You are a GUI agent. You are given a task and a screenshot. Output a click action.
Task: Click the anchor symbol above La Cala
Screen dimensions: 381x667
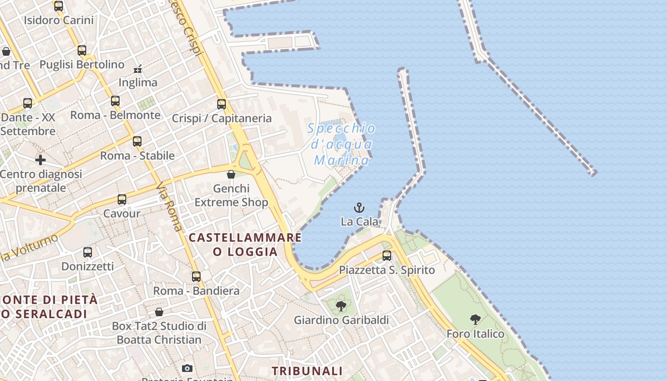tap(359, 208)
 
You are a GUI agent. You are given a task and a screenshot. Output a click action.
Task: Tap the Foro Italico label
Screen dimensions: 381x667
tap(475, 334)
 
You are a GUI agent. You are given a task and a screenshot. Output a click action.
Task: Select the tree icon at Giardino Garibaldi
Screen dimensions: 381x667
tap(341, 306)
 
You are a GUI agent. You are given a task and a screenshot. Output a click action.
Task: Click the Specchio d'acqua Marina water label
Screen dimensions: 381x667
tap(341, 144)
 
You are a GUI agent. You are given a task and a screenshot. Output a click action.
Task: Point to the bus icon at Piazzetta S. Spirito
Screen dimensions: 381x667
tap(387, 256)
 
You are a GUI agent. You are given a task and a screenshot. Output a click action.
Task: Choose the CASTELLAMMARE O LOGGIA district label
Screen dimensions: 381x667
tap(245, 244)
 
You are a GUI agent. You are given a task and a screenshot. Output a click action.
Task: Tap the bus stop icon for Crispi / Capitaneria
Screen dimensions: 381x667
tap(222, 104)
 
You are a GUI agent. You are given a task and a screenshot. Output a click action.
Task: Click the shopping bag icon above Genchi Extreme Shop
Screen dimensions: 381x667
tap(231, 174)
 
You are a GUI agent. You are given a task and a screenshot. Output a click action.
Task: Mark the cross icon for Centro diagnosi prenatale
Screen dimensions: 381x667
tap(40, 160)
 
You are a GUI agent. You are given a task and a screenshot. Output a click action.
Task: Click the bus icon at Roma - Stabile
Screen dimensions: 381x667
tap(137, 141)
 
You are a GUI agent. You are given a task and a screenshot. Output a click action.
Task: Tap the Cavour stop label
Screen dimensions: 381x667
tap(122, 213)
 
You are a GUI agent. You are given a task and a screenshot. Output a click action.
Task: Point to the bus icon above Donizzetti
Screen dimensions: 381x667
tap(88, 252)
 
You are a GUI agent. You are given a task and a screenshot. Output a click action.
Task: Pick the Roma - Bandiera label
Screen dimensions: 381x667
tap(196, 291)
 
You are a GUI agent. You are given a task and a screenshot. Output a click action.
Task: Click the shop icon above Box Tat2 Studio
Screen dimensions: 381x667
tap(159, 312)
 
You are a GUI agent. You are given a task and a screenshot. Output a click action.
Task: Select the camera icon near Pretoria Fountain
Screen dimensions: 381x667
tap(187, 368)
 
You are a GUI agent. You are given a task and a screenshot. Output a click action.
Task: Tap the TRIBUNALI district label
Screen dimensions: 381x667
tap(307, 371)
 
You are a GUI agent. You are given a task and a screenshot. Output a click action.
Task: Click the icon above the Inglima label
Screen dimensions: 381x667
tap(138, 69)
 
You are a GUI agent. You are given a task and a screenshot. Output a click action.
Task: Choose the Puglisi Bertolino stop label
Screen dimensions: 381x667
tap(82, 64)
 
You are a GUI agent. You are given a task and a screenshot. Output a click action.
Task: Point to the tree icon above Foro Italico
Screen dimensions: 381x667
tap(475, 320)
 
